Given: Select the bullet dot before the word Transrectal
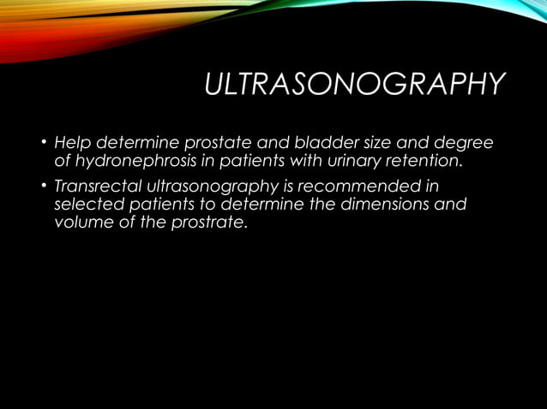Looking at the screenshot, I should pyautogui.click(x=42, y=187).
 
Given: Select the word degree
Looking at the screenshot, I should pyautogui.click(x=466, y=141).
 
